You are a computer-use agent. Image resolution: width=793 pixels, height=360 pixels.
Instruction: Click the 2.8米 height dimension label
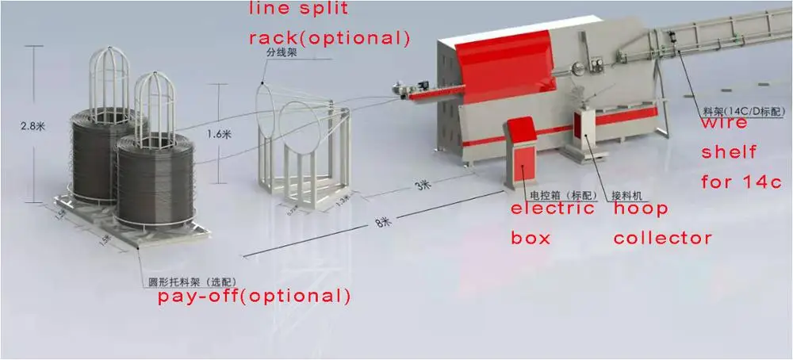point(35,124)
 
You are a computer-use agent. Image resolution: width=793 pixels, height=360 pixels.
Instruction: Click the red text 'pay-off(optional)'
point(253,297)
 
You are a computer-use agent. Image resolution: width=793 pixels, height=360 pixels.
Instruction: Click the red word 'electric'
point(552,209)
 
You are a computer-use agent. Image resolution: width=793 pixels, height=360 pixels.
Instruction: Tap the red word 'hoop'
point(641,209)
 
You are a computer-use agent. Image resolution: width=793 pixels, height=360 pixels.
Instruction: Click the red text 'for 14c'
point(741,182)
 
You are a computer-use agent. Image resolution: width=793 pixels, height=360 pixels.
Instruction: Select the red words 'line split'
point(301,10)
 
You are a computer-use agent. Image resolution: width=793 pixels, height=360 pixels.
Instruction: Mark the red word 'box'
point(531,238)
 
